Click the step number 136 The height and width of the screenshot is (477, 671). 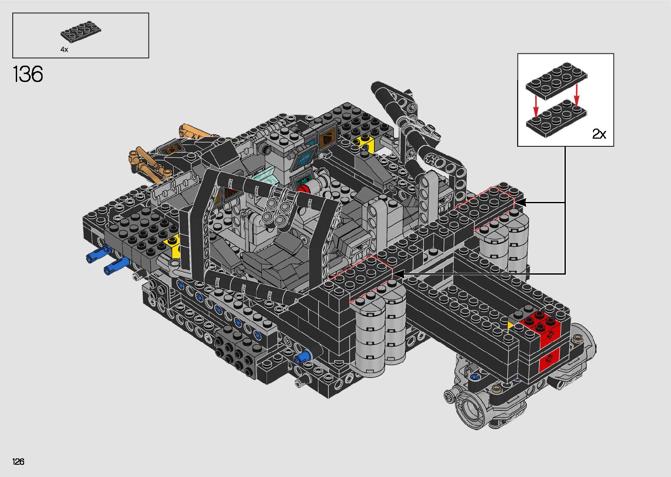pos(28,74)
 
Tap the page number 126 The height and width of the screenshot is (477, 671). pos(18,461)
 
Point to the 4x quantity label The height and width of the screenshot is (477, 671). pos(64,49)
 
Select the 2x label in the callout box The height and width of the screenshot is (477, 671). pos(599,134)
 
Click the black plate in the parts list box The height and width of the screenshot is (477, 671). pos(81,32)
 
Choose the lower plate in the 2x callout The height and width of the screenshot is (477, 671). pos(557,119)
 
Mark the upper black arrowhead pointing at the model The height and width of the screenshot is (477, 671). pos(520,202)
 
